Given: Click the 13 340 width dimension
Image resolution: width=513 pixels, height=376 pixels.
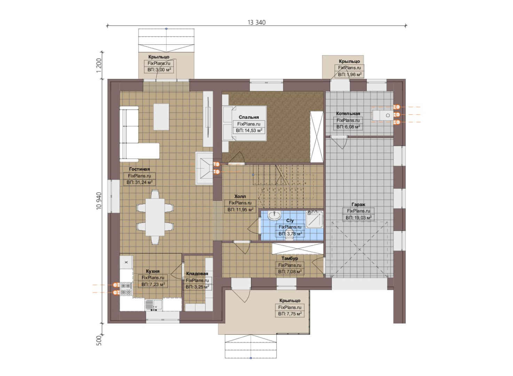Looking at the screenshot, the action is click(x=256, y=22).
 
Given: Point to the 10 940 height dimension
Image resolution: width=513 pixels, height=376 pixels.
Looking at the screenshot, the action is click(x=99, y=201).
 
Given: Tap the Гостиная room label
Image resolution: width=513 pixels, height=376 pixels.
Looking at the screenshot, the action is click(x=139, y=169).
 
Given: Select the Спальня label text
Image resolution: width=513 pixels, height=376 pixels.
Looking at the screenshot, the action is click(x=249, y=117).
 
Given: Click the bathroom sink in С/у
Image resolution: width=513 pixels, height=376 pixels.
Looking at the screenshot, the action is click(x=274, y=215).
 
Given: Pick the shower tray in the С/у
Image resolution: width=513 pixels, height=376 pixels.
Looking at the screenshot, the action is click(x=314, y=220).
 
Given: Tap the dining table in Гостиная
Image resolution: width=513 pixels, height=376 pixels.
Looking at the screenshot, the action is click(x=155, y=217).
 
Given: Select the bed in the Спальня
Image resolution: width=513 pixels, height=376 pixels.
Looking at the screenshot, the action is click(x=245, y=123).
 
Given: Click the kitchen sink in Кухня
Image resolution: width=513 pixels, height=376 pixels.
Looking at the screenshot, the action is click(x=154, y=305).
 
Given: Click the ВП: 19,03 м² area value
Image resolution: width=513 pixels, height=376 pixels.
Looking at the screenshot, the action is click(x=358, y=218).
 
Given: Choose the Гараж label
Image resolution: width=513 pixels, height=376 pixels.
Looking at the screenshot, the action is click(x=358, y=204).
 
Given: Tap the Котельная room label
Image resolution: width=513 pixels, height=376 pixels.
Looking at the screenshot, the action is click(x=348, y=113).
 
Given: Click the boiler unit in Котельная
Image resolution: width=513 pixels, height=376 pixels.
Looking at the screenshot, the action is click(x=383, y=115).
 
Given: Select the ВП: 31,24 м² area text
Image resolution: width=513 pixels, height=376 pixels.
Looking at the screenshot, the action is click(x=140, y=182).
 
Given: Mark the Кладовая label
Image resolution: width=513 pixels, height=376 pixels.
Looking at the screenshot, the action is click(x=197, y=274).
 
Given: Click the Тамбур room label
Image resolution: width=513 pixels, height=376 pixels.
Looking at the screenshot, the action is click(x=290, y=258).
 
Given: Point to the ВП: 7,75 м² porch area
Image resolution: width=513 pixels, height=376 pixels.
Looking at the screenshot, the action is click(x=290, y=314).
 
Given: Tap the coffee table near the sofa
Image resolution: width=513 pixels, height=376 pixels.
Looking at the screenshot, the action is click(x=161, y=117).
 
